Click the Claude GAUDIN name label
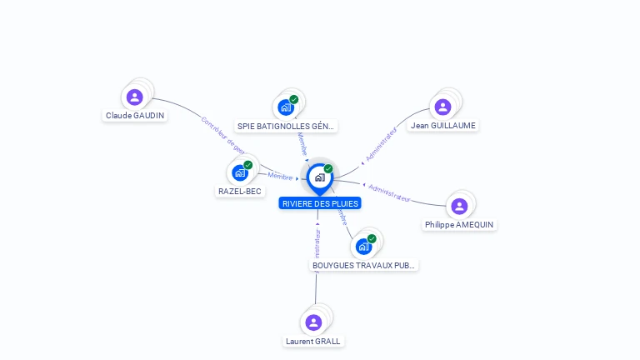[135, 116]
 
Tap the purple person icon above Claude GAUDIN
[135, 97]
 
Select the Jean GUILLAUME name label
[443, 126]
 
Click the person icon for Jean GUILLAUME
[442, 107]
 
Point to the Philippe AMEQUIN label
[459, 225]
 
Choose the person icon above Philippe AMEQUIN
[458, 206]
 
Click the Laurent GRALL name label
[313, 341]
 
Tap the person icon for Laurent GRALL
[313, 322]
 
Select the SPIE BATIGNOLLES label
[286, 127]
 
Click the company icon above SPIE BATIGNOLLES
[286, 107]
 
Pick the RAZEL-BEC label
[240, 192]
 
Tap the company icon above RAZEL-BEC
[240, 172]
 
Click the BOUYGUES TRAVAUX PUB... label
[364, 266]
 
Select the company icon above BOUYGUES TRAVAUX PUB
[363, 247]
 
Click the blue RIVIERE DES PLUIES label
[320, 203]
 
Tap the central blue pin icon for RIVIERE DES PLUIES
[319, 177]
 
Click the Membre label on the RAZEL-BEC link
[279, 176]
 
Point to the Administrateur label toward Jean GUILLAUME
[381, 144]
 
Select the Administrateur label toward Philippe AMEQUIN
[389, 192]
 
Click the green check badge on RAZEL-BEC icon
[248, 165]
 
